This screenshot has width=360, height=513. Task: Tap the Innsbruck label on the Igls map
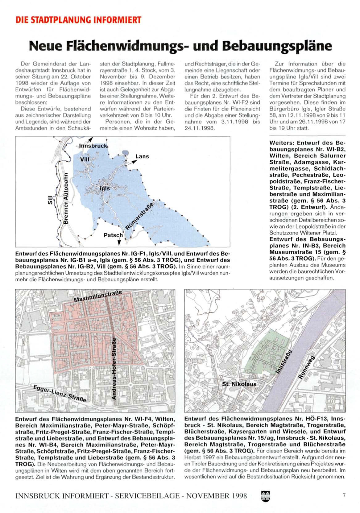[93, 145]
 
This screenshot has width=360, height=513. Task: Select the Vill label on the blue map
[85, 159]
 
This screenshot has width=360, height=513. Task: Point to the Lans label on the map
[142, 156]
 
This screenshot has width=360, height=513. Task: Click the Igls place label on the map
[105, 189]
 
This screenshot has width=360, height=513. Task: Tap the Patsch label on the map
[113, 235]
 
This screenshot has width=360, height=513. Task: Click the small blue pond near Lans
[125, 152]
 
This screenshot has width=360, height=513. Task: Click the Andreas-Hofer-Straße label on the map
[114, 368]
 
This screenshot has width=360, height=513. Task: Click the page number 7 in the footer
[344, 495]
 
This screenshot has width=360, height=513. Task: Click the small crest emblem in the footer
[265, 496]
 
